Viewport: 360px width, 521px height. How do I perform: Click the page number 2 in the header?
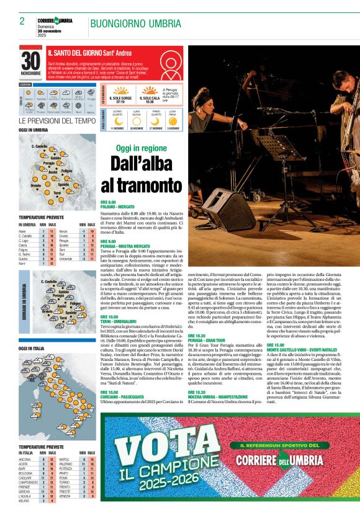pos(22,22)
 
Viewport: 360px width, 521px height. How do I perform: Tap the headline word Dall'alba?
pos(141,164)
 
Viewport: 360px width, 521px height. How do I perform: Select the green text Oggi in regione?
pos(141,148)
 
